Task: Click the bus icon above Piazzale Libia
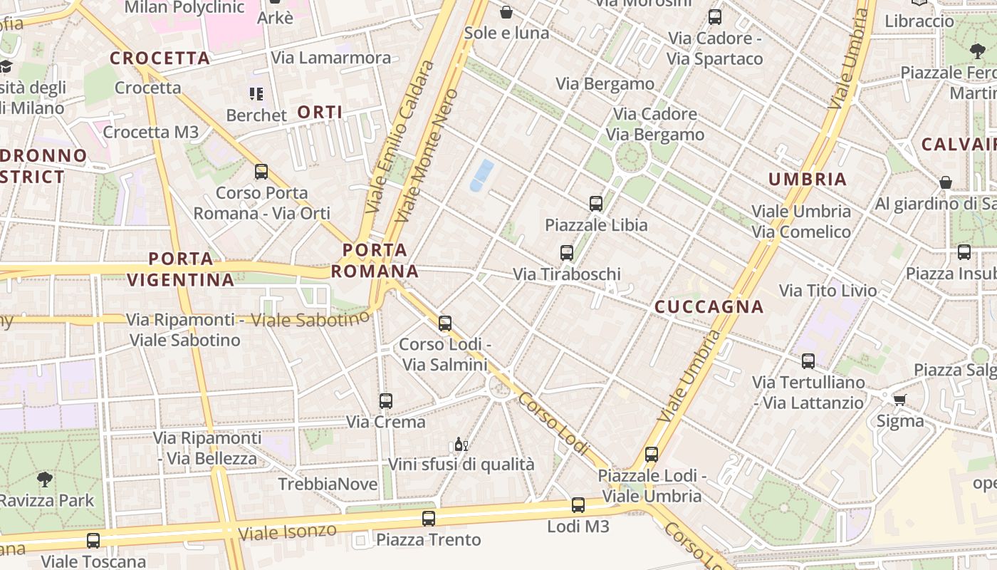(x=596, y=204)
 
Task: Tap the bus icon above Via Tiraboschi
(x=567, y=253)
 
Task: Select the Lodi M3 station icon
(x=578, y=505)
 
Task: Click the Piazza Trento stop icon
(x=428, y=519)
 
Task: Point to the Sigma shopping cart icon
(x=900, y=400)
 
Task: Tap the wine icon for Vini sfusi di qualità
(x=461, y=445)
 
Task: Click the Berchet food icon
(x=256, y=94)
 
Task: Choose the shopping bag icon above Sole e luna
(x=506, y=12)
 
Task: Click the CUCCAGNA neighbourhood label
(x=709, y=307)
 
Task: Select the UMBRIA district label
(x=808, y=179)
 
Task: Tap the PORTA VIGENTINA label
(x=181, y=269)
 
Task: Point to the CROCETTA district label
(x=160, y=58)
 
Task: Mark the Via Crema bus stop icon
(x=386, y=401)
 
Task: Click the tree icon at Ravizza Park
(x=44, y=479)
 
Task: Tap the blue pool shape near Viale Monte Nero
(x=481, y=175)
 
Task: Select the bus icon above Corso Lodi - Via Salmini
(x=445, y=323)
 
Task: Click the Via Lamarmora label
(x=331, y=58)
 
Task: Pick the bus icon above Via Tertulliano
(x=808, y=361)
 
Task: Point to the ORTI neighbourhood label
(x=320, y=112)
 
